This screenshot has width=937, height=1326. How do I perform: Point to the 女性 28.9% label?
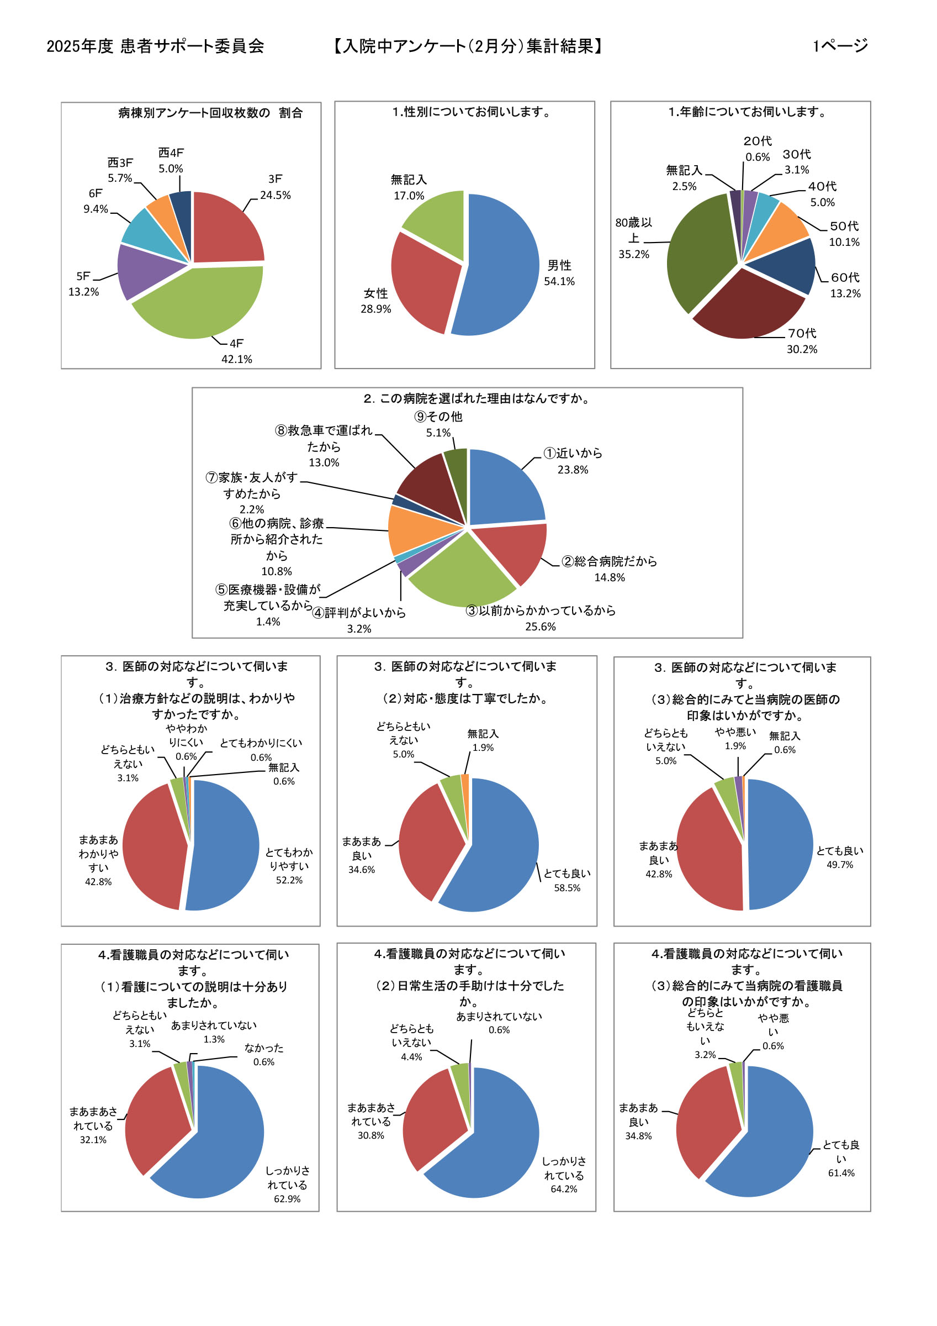[376, 301]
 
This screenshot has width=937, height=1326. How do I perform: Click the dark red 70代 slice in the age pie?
[748, 306]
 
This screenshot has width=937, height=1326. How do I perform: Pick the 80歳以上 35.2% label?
[633, 238]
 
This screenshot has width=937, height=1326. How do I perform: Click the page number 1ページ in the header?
[840, 46]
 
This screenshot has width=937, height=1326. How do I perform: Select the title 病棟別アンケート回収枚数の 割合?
[211, 113]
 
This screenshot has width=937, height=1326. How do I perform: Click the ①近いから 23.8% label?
[573, 461]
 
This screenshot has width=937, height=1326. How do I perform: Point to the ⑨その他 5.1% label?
[438, 424]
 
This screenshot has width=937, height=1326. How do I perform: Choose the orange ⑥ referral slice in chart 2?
[416, 528]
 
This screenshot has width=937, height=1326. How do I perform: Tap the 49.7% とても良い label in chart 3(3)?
[839, 857]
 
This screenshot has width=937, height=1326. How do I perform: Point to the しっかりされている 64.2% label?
[564, 1175]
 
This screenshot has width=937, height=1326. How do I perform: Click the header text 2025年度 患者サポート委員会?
[155, 46]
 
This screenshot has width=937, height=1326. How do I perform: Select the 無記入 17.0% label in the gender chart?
[409, 188]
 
